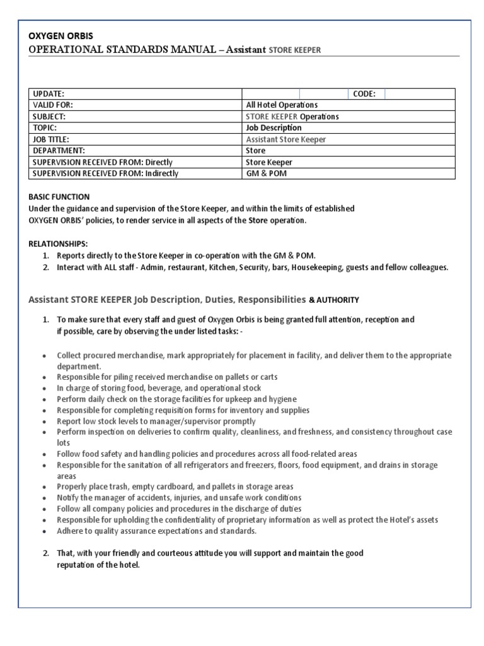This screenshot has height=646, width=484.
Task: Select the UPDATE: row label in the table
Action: click(48, 94)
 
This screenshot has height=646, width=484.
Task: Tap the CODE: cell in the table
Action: click(364, 94)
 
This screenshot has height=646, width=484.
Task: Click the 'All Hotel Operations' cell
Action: click(282, 105)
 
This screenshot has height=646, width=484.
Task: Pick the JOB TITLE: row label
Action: click(50, 139)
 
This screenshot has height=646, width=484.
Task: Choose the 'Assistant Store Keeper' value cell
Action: click(286, 139)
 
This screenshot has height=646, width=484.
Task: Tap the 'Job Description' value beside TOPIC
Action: click(274, 128)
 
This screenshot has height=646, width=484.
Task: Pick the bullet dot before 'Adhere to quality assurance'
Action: click(43, 531)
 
